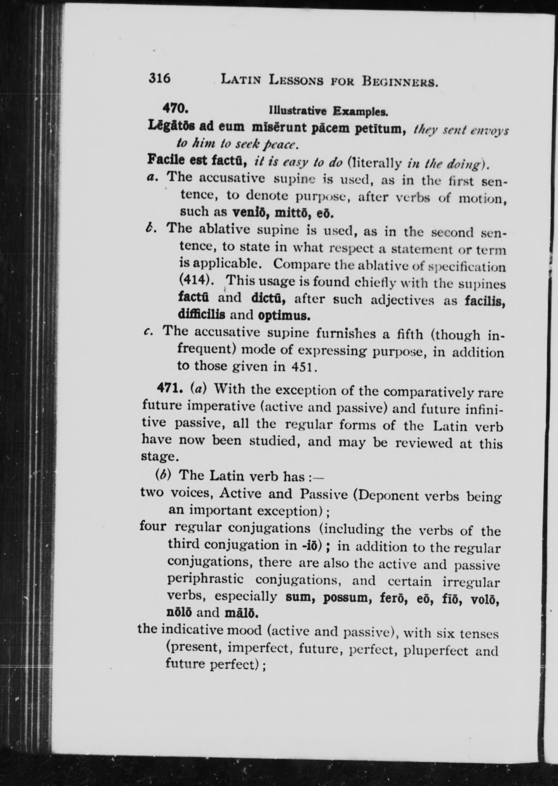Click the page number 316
[160, 79]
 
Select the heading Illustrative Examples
[329, 111]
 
